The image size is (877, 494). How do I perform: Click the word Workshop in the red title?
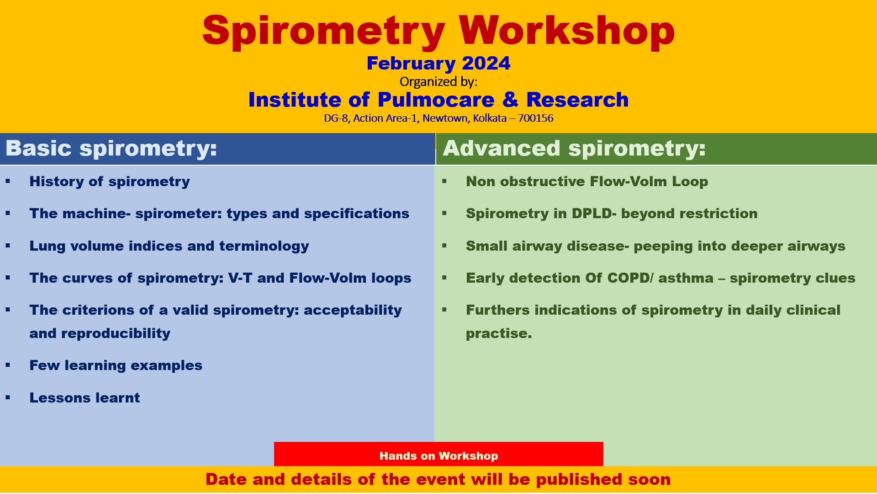566,31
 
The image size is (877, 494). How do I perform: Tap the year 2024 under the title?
486,64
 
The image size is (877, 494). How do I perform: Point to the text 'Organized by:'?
438,82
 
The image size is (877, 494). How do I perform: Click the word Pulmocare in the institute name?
436,100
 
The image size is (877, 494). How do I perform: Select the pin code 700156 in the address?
535,118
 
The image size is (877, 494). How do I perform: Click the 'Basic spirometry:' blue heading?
111,149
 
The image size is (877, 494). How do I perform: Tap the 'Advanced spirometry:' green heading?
574,149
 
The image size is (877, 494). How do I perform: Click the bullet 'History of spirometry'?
110,182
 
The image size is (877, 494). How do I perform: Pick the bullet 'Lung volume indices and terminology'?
169,246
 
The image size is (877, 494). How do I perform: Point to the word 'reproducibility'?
116,333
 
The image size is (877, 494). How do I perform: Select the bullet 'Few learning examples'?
116,365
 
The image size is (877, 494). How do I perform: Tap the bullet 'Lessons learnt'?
85,398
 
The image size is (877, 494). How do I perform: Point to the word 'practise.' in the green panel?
499,333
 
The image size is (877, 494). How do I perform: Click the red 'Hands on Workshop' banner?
438,456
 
